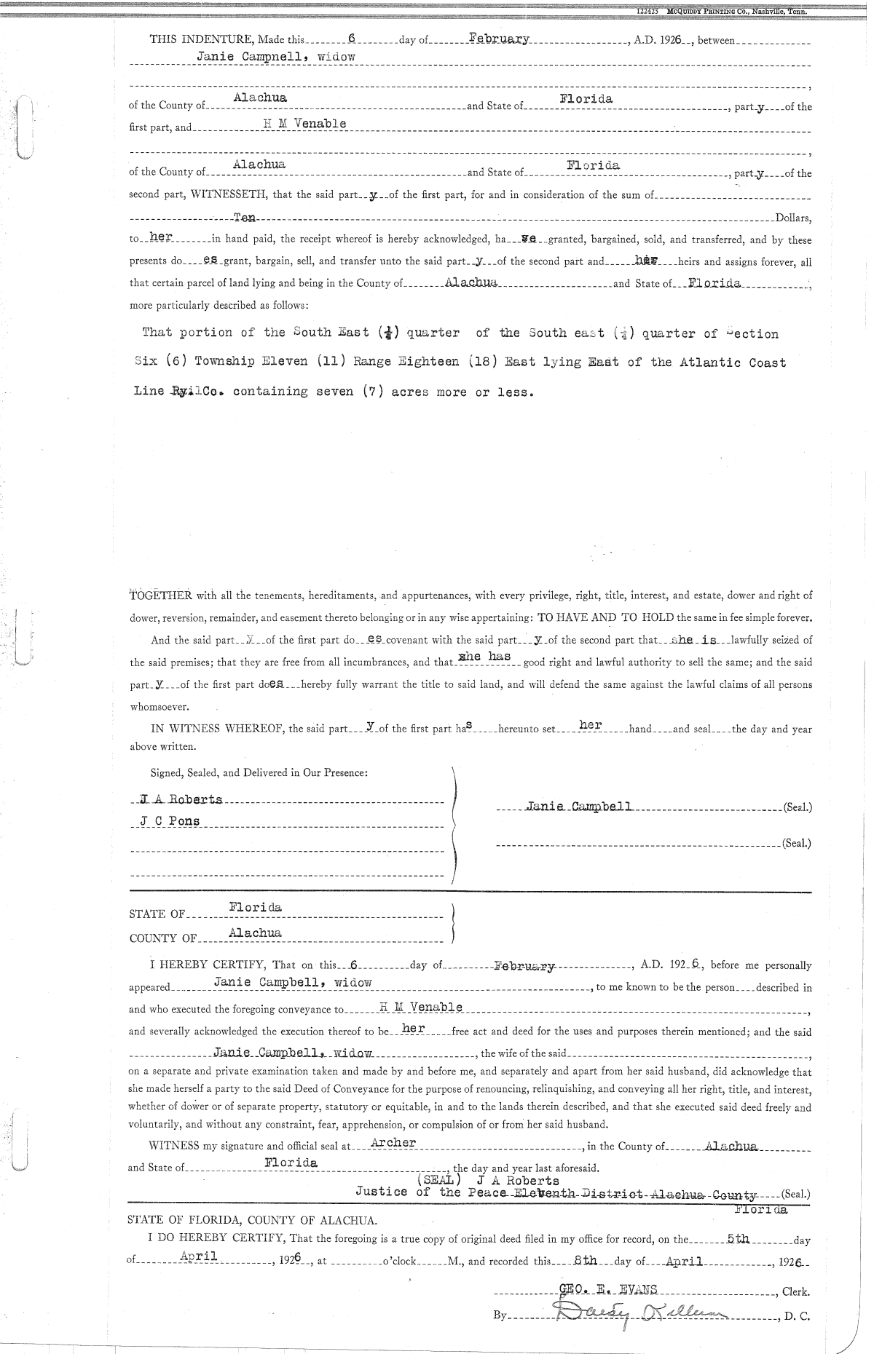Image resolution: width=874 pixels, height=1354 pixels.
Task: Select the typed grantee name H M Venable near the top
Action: [x=304, y=123]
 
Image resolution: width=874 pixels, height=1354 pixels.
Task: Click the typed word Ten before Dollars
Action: [x=245, y=218]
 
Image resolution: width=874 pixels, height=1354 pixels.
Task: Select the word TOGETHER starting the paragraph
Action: [x=160, y=595]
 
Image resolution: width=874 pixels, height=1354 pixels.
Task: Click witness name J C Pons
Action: [x=169, y=821]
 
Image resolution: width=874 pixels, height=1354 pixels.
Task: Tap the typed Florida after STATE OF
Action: [x=255, y=908]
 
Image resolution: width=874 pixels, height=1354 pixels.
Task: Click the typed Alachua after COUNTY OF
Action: [x=255, y=933]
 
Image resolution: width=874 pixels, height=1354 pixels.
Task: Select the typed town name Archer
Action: [x=393, y=1142]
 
